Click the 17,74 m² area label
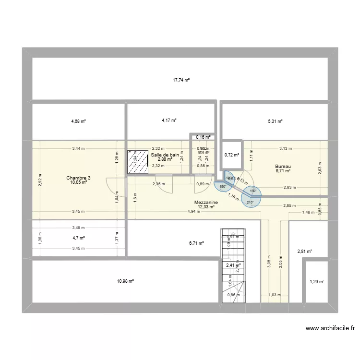181,81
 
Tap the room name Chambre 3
79,178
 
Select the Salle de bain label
165,155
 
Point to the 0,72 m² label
232,155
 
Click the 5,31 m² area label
275,121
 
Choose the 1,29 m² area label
316,282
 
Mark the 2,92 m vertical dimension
40,180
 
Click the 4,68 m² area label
78,121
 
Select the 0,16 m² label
203,137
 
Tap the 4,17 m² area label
169,120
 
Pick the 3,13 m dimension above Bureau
287,149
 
